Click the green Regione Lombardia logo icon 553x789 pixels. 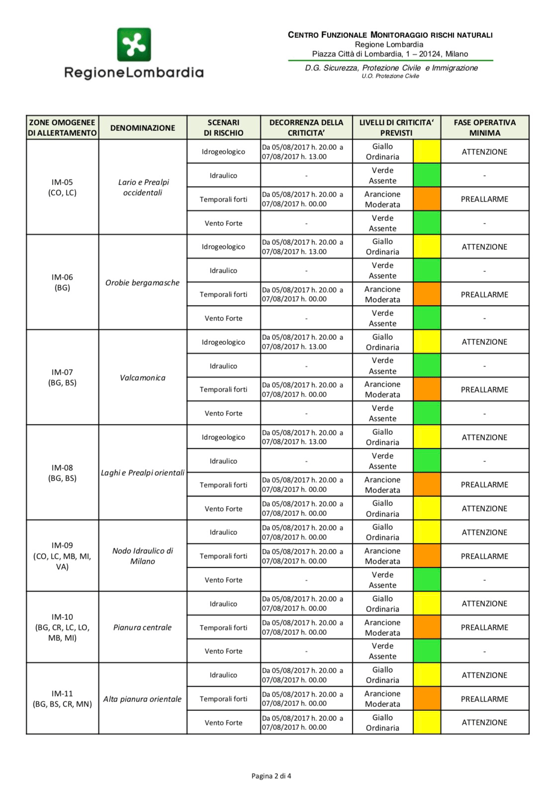point(134,44)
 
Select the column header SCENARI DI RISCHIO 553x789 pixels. point(223,127)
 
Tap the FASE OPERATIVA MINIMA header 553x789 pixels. point(484,127)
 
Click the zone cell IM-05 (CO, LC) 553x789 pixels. point(62,187)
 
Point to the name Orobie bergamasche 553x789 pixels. point(142,283)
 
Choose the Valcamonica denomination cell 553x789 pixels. point(142,378)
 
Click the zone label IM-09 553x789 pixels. point(62,545)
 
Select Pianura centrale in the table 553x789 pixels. point(142,627)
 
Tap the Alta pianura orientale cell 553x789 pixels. point(142,699)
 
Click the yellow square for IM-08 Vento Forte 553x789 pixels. point(427,508)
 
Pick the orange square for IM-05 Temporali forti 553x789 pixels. point(427,199)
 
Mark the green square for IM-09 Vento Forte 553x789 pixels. point(427,580)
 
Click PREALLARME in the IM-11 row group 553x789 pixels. point(484,699)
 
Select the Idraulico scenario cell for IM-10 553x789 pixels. point(223,603)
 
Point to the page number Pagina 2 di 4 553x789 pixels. point(271,776)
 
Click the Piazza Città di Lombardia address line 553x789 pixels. point(390,54)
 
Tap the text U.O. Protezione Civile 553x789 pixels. point(390,76)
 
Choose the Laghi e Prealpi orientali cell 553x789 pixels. point(142,473)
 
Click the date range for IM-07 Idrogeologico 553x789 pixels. point(302,342)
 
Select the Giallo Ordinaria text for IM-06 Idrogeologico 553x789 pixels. point(382,247)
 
